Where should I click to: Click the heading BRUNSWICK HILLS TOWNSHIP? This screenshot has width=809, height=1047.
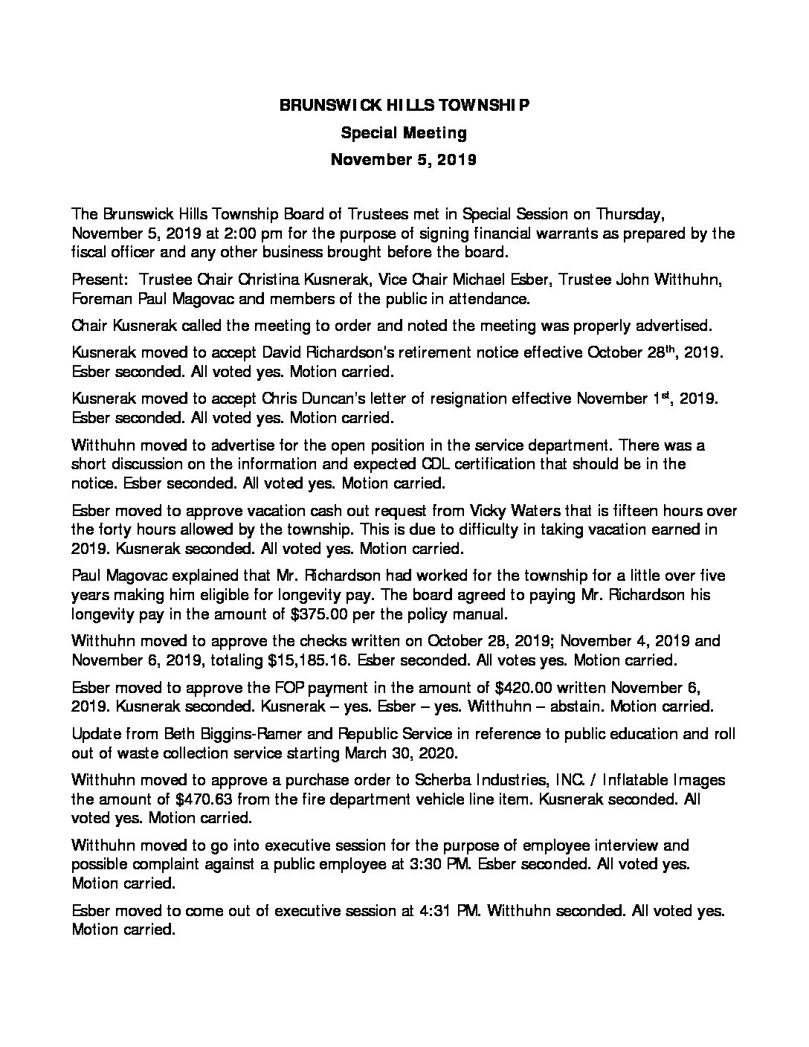pos(404,106)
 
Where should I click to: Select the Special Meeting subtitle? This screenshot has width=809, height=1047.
pos(404,133)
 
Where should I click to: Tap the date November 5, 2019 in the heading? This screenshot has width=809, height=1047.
pos(404,160)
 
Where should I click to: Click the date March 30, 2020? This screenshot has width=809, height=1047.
pos(401,753)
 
